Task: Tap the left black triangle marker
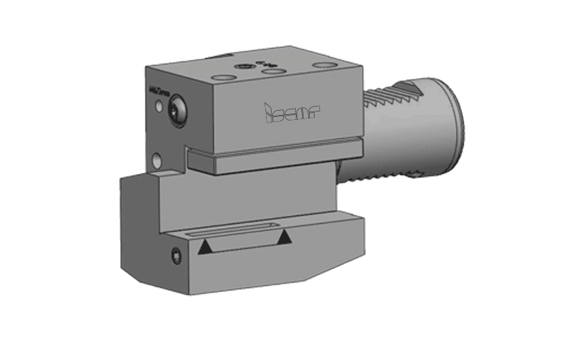[205, 247]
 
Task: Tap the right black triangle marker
[283, 238]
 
